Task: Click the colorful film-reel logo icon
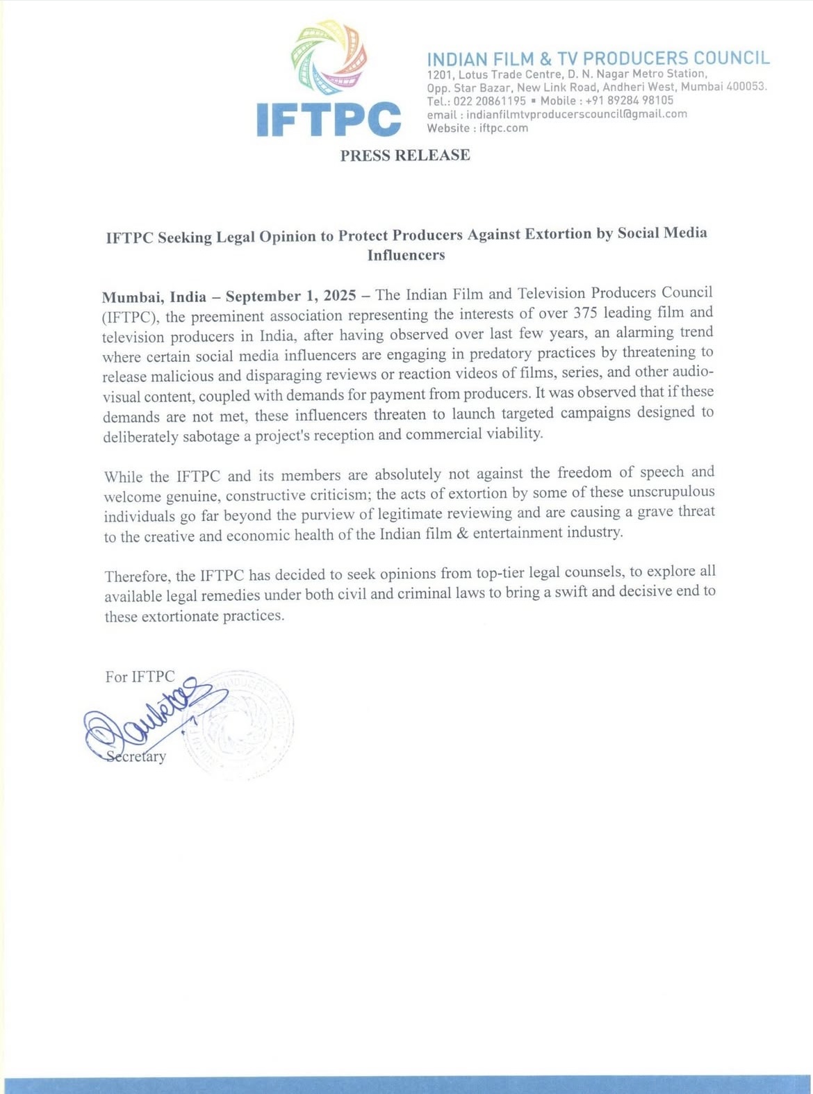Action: [329, 58]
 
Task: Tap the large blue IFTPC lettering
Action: [328, 119]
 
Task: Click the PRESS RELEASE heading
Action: [405, 155]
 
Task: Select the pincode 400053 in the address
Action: [746, 87]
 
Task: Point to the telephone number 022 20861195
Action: [489, 101]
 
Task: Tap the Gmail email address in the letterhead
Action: [576, 114]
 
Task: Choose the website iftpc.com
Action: [503, 128]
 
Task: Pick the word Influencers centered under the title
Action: [406, 255]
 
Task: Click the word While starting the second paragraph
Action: [124, 476]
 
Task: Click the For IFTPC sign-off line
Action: [140, 677]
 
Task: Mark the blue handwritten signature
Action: [149, 719]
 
